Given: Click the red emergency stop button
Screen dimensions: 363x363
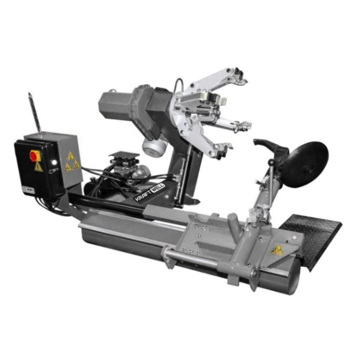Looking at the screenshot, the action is [x=34, y=156].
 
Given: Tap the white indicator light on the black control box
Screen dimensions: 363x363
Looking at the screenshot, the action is [x=54, y=163].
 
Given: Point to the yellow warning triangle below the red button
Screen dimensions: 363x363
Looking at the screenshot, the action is [x=39, y=167].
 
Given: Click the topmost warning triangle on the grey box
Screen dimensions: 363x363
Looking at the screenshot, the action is [x=70, y=156].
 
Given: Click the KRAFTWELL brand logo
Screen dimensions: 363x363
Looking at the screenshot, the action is [x=150, y=192].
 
